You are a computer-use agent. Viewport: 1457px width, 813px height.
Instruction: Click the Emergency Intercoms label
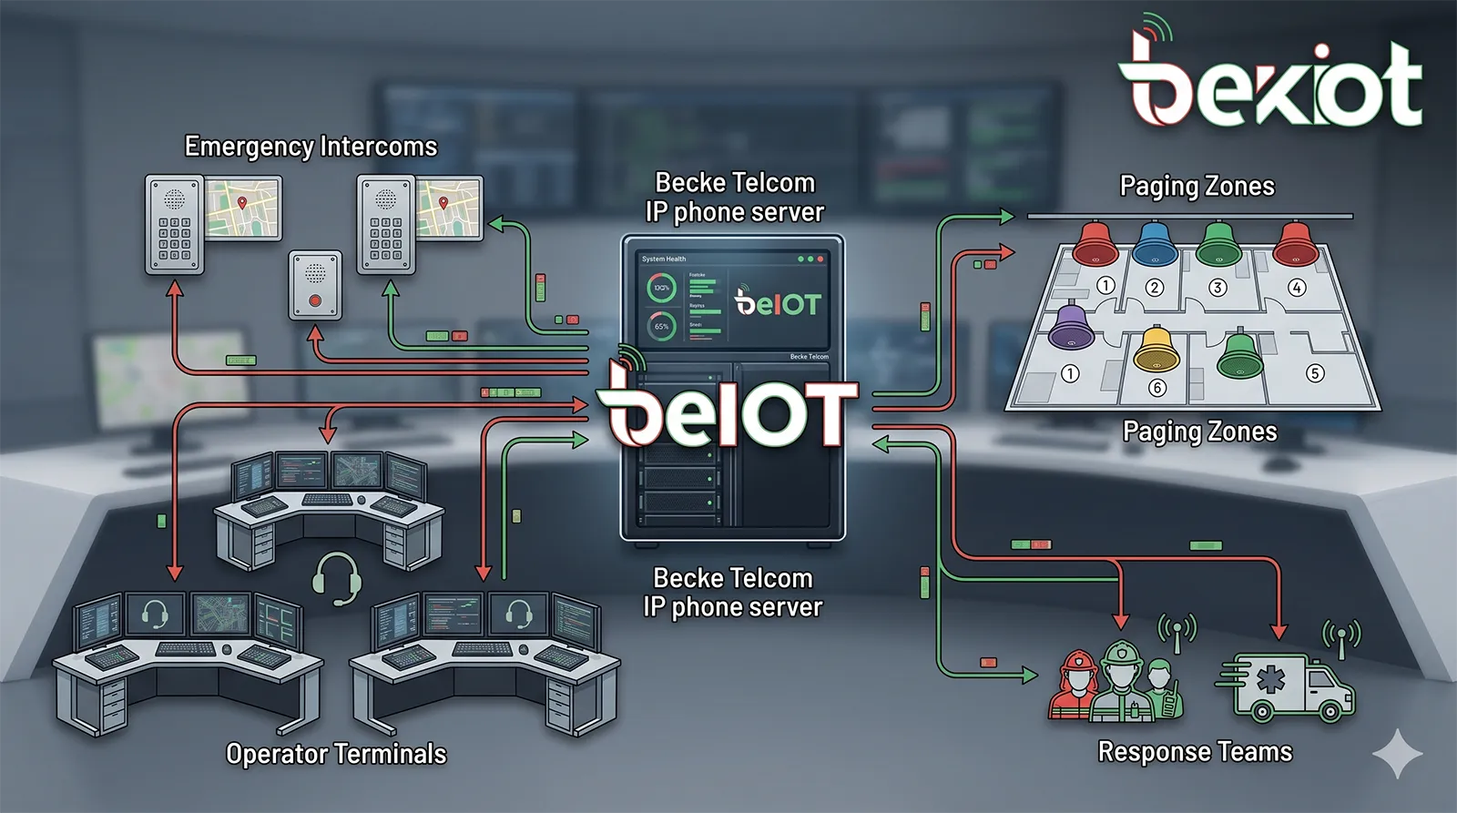(x=311, y=147)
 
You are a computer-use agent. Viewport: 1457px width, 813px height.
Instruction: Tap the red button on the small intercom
(x=315, y=300)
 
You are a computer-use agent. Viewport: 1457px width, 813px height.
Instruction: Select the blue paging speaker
(x=1155, y=244)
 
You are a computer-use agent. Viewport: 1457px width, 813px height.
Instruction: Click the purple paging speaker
(x=1071, y=328)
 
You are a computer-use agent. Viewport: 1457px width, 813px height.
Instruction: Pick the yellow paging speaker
(x=1156, y=350)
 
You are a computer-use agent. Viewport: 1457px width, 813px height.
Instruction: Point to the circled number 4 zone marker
(x=1297, y=288)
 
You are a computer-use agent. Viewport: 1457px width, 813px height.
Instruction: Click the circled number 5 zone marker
(x=1314, y=372)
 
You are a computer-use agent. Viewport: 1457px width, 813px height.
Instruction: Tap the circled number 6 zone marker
(x=1157, y=388)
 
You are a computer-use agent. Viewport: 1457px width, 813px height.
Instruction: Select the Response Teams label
(x=1195, y=752)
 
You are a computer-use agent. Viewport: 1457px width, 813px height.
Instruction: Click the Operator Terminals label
(x=336, y=754)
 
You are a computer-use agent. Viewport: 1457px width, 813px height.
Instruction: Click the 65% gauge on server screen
(x=661, y=326)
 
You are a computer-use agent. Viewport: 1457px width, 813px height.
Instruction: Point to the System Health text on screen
(x=664, y=259)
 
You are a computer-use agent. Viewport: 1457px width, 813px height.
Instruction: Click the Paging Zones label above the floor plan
(x=1197, y=187)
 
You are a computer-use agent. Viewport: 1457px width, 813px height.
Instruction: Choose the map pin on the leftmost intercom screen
(x=242, y=203)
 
